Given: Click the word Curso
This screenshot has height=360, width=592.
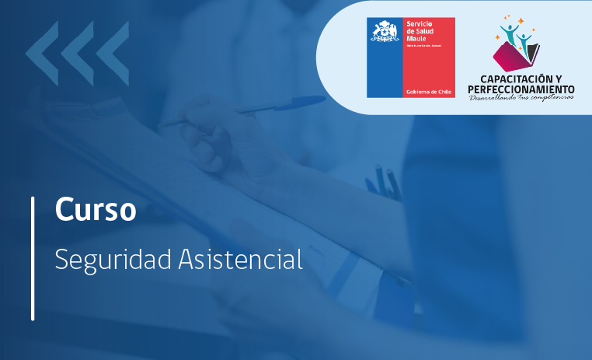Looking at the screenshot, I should pyautogui.click(x=96, y=210).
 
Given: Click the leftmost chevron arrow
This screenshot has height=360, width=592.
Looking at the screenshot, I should pyautogui.click(x=41, y=54).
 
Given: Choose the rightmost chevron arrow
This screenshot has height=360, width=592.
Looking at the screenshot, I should pyautogui.click(x=113, y=54).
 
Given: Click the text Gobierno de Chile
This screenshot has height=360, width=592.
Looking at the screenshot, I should pyautogui.click(x=428, y=92).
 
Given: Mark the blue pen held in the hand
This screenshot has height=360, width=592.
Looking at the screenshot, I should pyautogui.click(x=256, y=107).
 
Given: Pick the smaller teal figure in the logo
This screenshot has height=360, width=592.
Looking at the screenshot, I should pyautogui.click(x=526, y=39).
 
